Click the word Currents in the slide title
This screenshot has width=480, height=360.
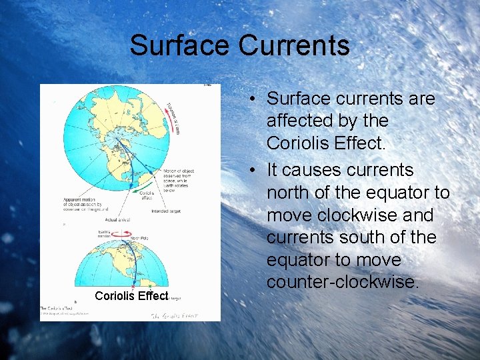(x=294, y=45)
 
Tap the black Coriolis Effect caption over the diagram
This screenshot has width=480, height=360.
(x=131, y=295)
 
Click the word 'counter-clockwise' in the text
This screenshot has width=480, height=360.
(x=343, y=282)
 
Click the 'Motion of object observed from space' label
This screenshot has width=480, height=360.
(x=179, y=179)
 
